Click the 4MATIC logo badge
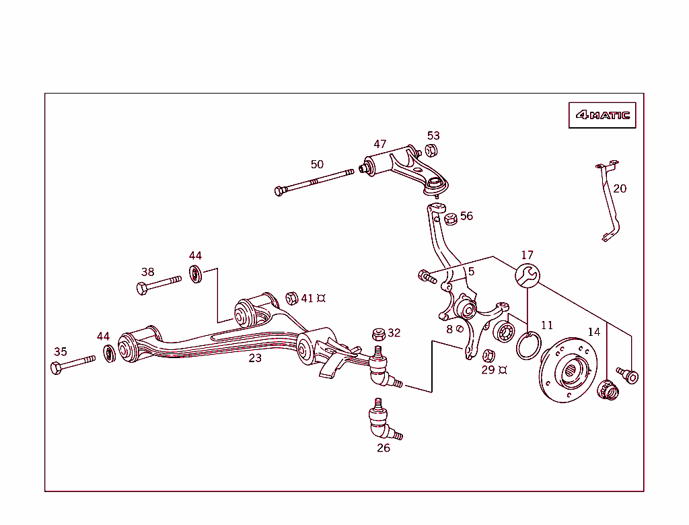[602, 115]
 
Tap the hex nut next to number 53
[432, 151]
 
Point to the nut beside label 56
[451, 217]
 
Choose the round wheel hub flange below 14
[567, 374]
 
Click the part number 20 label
[620, 188]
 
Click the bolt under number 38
[158, 284]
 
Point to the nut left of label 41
[291, 297]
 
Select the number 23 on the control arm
[255, 358]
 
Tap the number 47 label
[380, 144]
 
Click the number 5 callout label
[471, 271]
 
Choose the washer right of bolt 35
[108, 352]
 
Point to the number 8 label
[449, 330]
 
